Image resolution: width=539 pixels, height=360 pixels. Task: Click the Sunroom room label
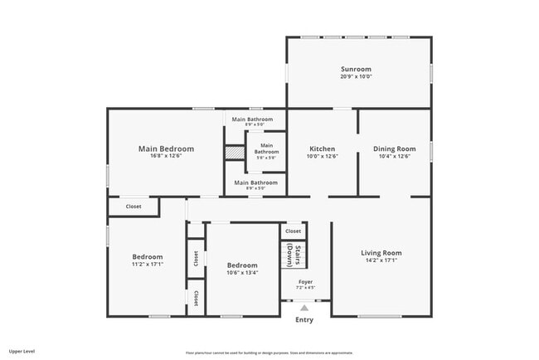click(356, 69)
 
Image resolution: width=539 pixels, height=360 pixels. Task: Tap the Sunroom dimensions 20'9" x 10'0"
click(356, 76)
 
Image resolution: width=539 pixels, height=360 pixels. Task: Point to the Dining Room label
click(394, 148)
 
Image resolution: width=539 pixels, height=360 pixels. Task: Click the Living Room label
click(381, 252)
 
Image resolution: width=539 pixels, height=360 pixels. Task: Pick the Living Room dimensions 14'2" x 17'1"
click(381, 260)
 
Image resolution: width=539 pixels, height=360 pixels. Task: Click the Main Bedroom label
click(166, 148)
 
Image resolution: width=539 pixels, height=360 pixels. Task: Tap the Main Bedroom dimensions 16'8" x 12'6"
click(166, 156)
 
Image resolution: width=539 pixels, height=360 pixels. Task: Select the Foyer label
click(305, 282)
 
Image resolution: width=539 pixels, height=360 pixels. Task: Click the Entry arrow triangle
click(304, 308)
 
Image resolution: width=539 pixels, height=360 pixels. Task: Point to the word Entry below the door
click(304, 319)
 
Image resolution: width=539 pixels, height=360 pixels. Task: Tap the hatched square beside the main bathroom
click(236, 153)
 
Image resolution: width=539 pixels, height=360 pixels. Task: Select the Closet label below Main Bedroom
click(134, 207)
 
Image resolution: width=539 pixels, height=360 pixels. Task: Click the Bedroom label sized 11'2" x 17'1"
click(148, 257)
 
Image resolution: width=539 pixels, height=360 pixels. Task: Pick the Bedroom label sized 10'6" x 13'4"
click(242, 265)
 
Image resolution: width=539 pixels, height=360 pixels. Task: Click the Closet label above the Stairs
click(293, 231)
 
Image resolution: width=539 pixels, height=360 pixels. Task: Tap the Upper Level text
click(22, 352)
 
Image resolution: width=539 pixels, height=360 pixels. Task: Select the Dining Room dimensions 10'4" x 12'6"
click(394, 156)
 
